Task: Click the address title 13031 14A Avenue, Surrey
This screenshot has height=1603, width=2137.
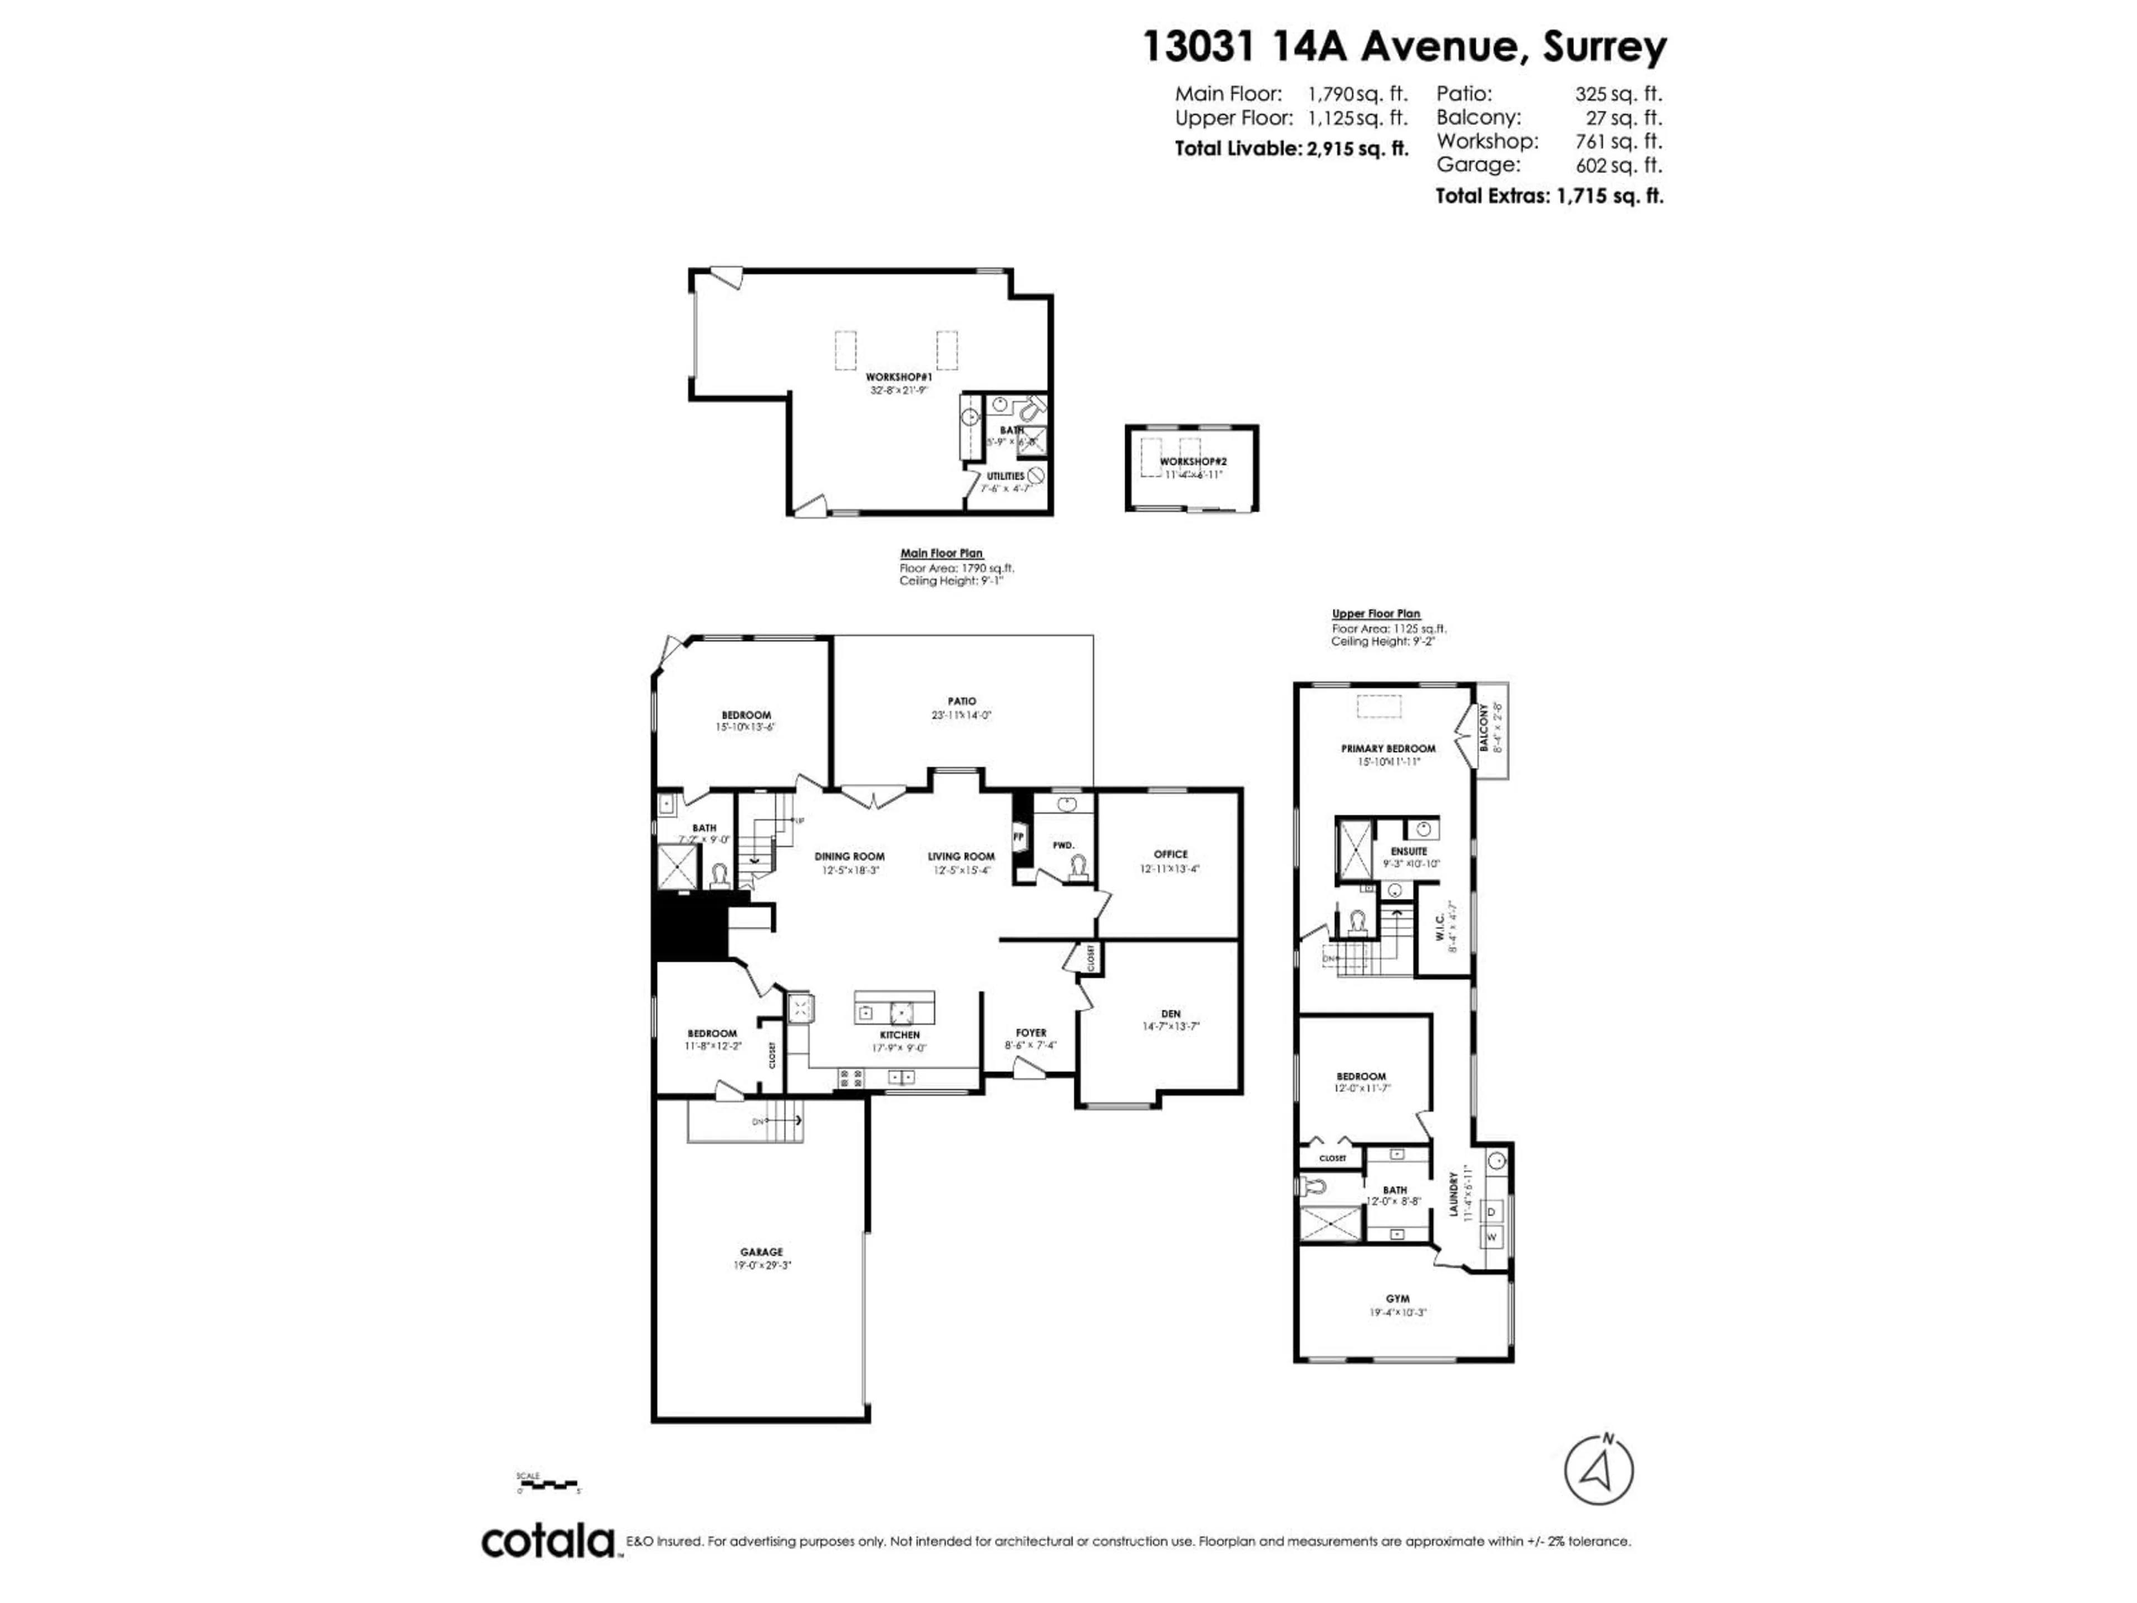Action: (x=1405, y=46)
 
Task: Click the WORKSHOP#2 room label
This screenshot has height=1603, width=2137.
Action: (x=1193, y=462)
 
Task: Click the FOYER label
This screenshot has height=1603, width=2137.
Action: (x=1031, y=1033)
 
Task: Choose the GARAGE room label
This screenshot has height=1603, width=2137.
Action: (x=761, y=1252)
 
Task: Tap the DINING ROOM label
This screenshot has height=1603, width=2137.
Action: (x=849, y=856)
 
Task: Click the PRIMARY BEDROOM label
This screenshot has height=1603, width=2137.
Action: (x=1387, y=748)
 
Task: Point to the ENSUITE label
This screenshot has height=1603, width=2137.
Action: (x=1409, y=851)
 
